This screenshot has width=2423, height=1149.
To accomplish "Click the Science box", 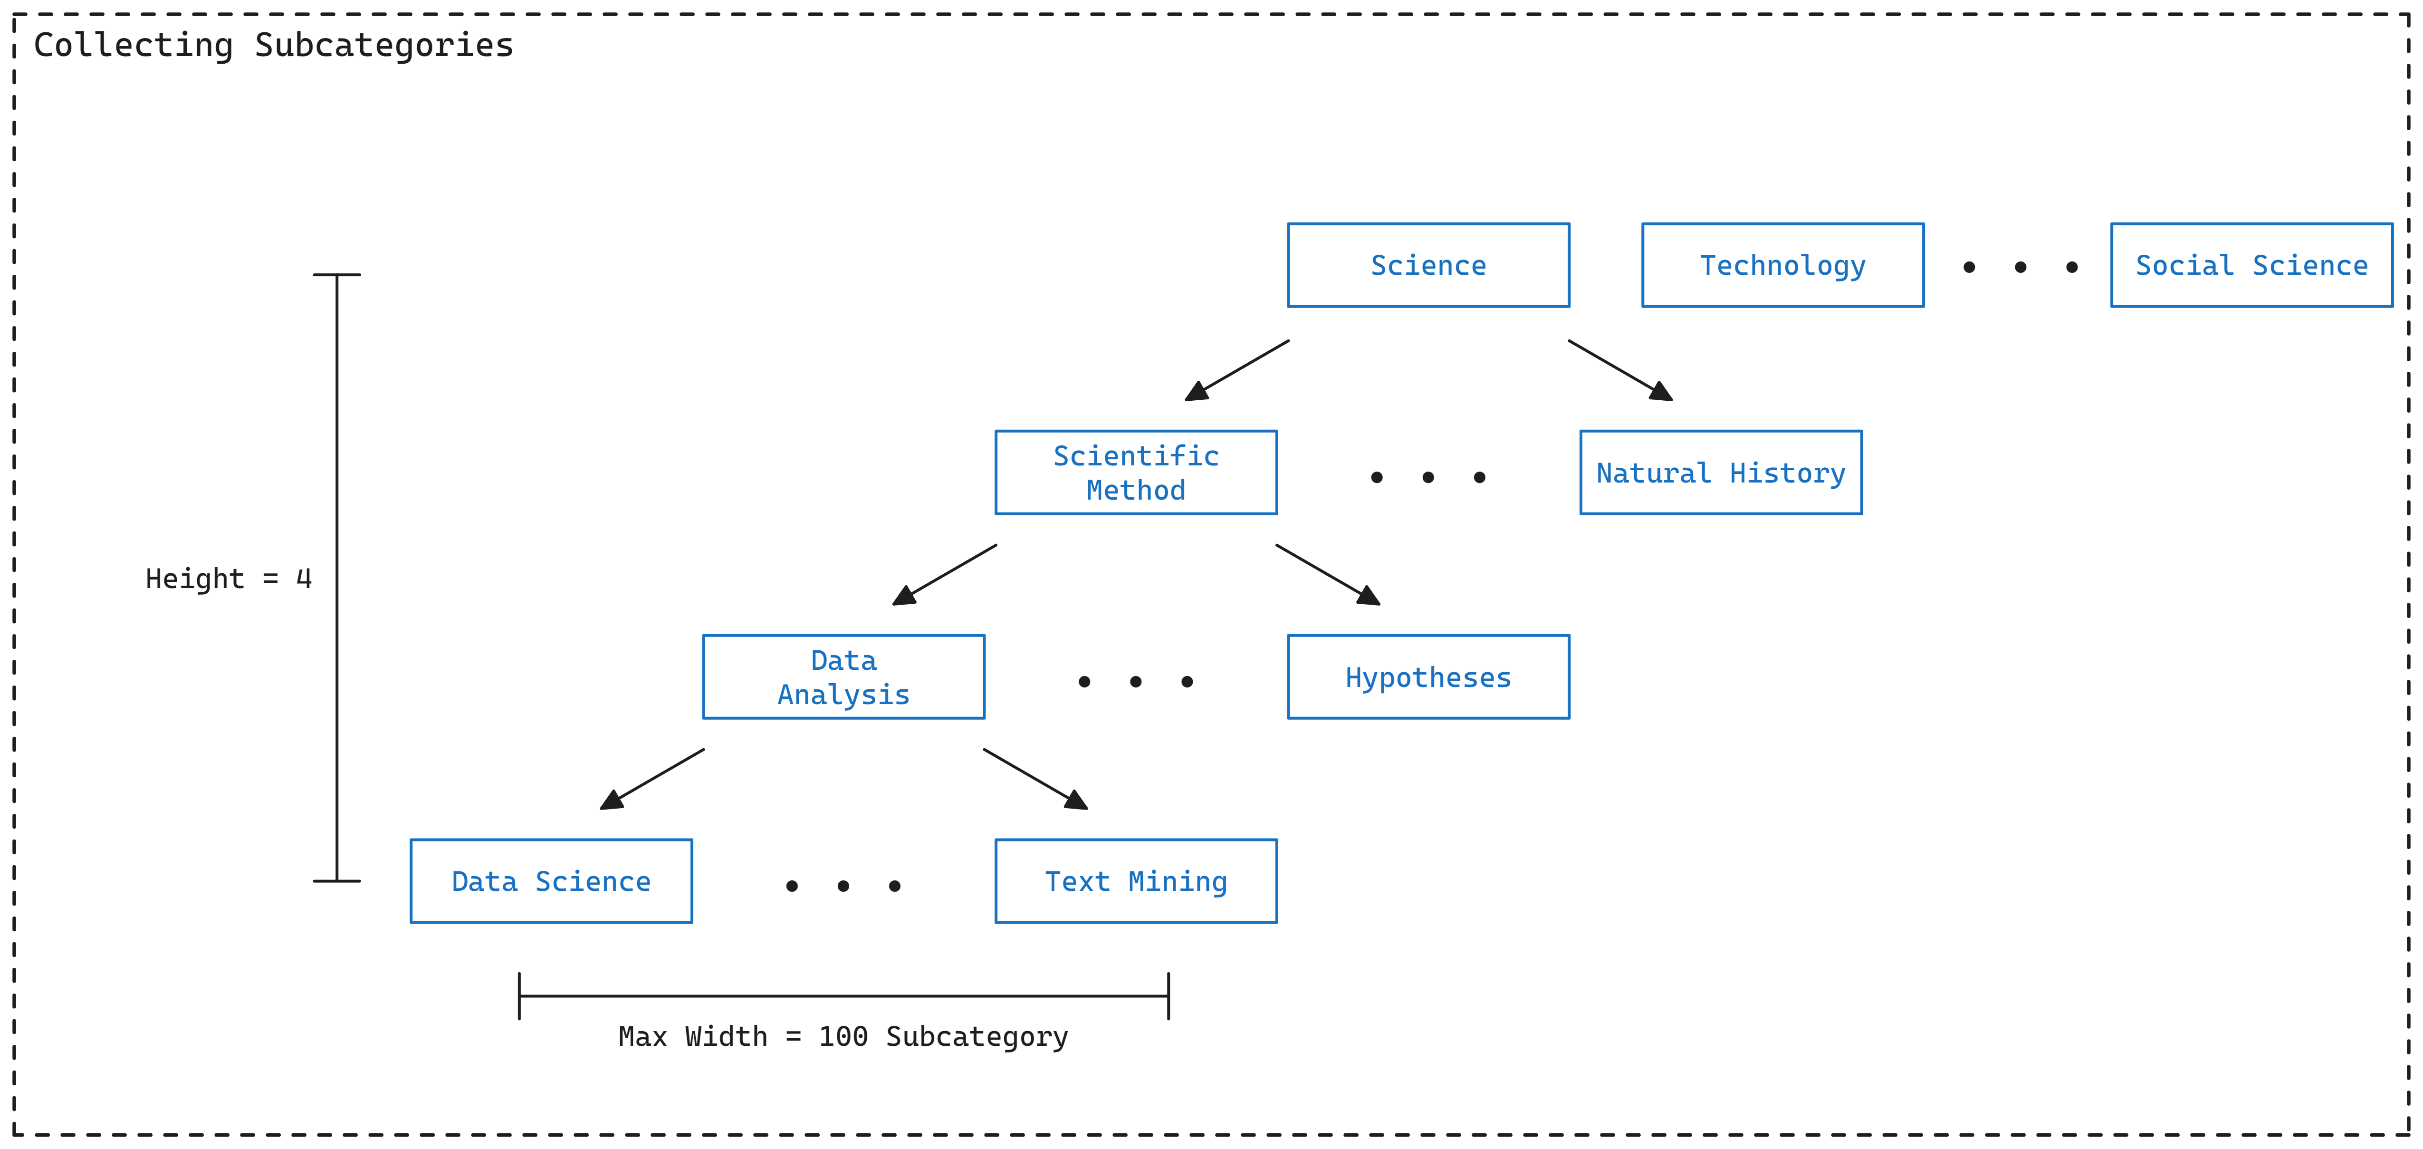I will coord(1428,265).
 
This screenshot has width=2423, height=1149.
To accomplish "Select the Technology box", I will coord(1782,265).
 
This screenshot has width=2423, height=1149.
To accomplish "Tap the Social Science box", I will coord(2251,265).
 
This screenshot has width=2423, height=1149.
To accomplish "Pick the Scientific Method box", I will coord(1135,473).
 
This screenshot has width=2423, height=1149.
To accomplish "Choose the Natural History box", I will coord(1720,473).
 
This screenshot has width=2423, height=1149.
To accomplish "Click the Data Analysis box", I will coord(843,676).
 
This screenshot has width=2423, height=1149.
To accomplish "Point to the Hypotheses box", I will coord(1428,676).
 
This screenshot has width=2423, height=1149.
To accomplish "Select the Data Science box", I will coord(551,881).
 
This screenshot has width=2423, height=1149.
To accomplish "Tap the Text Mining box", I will coord(1135,881).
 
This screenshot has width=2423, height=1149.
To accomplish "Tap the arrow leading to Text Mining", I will coord(1034,779).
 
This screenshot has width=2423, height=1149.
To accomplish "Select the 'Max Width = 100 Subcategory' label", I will coord(843,1036).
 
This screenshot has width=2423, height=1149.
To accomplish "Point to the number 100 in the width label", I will coord(843,1036).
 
